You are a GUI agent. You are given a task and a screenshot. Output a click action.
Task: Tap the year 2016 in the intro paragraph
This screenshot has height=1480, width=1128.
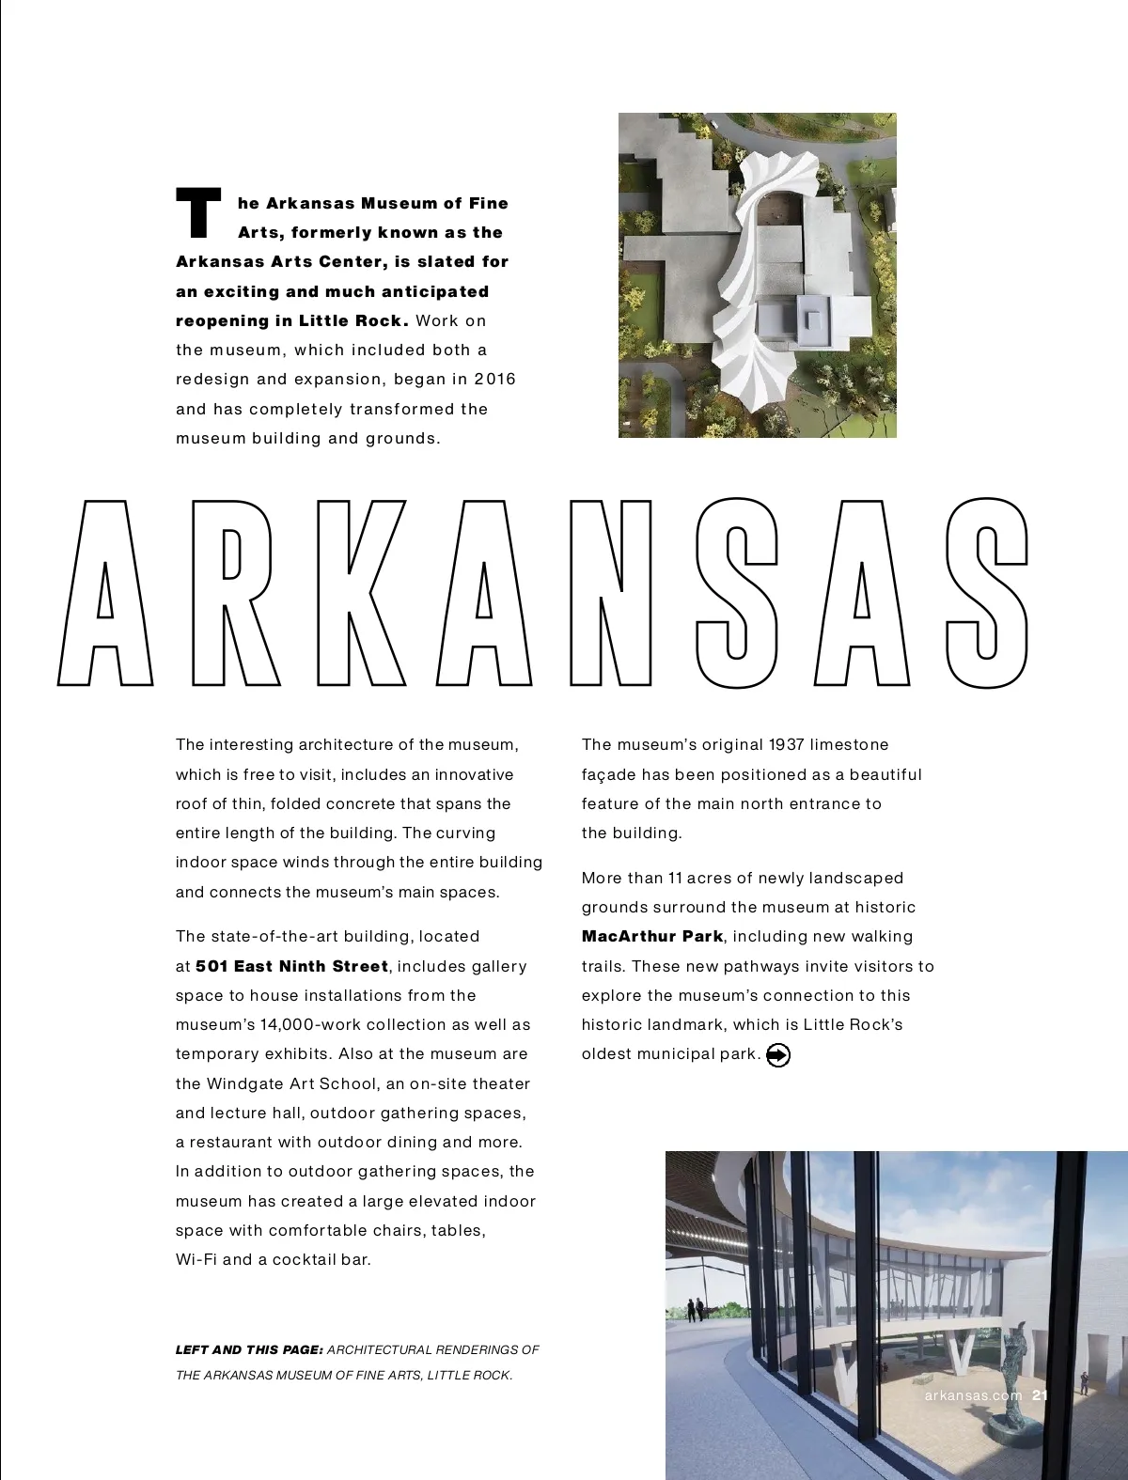click(494, 379)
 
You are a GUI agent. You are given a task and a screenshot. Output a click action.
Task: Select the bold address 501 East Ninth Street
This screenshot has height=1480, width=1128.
click(291, 966)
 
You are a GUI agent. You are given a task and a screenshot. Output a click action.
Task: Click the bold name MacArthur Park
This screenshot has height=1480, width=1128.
click(652, 936)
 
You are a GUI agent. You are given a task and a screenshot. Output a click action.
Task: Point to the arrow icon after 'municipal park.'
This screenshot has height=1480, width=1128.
click(778, 1055)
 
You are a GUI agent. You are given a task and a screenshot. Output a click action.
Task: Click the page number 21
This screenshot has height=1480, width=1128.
click(1040, 1395)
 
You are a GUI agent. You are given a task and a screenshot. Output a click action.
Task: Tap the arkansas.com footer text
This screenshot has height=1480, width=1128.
click(973, 1395)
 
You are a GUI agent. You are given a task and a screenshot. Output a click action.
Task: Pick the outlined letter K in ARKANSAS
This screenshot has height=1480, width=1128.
click(359, 592)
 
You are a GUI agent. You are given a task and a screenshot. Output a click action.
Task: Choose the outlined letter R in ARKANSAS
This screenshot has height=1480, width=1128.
click(235, 592)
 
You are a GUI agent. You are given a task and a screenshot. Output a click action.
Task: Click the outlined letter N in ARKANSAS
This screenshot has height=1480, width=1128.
click(611, 592)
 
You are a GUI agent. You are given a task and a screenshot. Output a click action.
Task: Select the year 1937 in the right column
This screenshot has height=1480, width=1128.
click(786, 744)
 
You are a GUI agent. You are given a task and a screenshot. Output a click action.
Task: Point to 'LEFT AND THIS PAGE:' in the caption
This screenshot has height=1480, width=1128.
click(249, 1349)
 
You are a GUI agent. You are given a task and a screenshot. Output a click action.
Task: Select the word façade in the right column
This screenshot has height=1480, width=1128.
click(608, 774)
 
